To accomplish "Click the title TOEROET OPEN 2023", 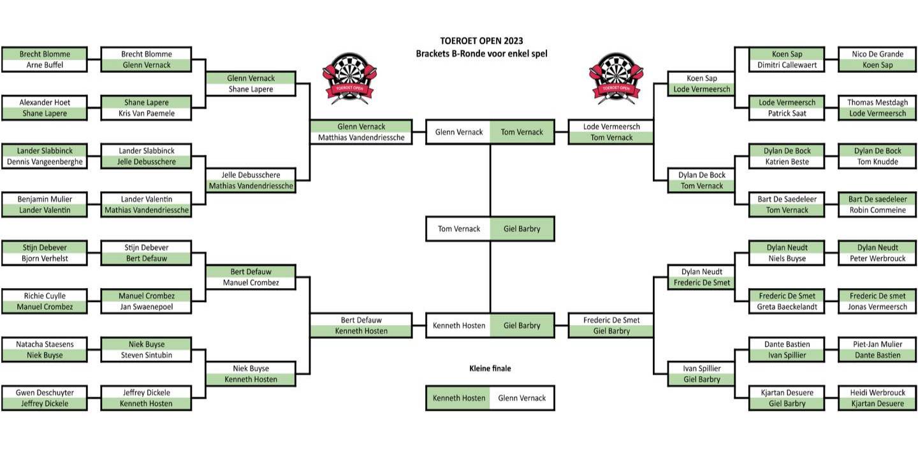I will pyautogui.click(x=481, y=41).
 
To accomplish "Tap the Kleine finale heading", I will pyautogui.click(x=490, y=368).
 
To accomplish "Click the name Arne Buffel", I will pyautogui.click(x=44, y=65).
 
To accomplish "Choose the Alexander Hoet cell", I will pyautogui.click(x=44, y=103).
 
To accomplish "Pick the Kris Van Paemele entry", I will pyautogui.click(x=146, y=113).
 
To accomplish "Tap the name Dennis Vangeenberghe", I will pyautogui.click(x=44, y=162).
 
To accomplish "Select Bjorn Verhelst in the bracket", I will pyautogui.click(x=44, y=259).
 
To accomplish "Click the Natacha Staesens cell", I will pyautogui.click(x=44, y=344).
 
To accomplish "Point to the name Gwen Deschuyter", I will pyautogui.click(x=44, y=393).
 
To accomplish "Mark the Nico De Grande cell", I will pyautogui.click(x=877, y=54).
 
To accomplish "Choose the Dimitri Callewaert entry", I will pyautogui.click(x=787, y=65).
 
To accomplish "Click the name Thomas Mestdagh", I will pyautogui.click(x=877, y=103).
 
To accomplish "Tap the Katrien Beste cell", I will pyautogui.click(x=787, y=162).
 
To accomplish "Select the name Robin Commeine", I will pyautogui.click(x=877, y=210).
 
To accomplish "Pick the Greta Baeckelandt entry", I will pyautogui.click(x=787, y=307).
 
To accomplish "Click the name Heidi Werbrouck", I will pyautogui.click(x=877, y=393).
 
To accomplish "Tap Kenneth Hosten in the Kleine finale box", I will pyautogui.click(x=458, y=398).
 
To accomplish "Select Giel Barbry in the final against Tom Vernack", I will pyautogui.click(x=521, y=229).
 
